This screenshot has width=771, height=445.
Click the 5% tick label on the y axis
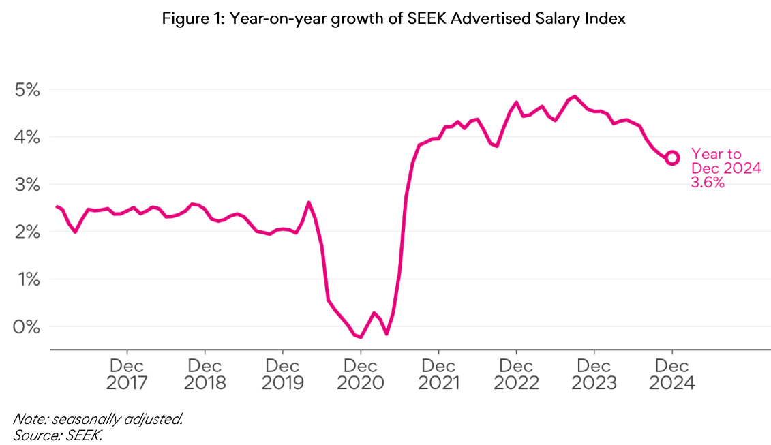27,90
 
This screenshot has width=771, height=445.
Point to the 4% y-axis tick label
27,137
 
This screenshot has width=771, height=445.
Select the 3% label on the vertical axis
27,185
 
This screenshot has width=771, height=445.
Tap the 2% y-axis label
27,232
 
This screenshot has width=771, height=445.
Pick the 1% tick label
27,279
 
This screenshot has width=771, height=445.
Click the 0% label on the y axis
27,326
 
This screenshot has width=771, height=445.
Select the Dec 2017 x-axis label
127,374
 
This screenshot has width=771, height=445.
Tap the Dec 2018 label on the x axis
205,374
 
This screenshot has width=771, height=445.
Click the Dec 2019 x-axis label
282,374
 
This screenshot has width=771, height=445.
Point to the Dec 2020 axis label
361,374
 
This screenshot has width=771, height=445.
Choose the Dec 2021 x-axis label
438,374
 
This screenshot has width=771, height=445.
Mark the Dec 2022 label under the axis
516,374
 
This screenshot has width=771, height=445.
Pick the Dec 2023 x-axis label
594,374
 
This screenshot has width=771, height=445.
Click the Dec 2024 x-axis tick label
671,374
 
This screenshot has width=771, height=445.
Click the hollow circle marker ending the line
672,157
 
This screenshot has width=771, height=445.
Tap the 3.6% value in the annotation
708,183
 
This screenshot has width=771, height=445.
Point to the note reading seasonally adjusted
98,419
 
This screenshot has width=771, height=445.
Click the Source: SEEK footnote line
57,434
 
